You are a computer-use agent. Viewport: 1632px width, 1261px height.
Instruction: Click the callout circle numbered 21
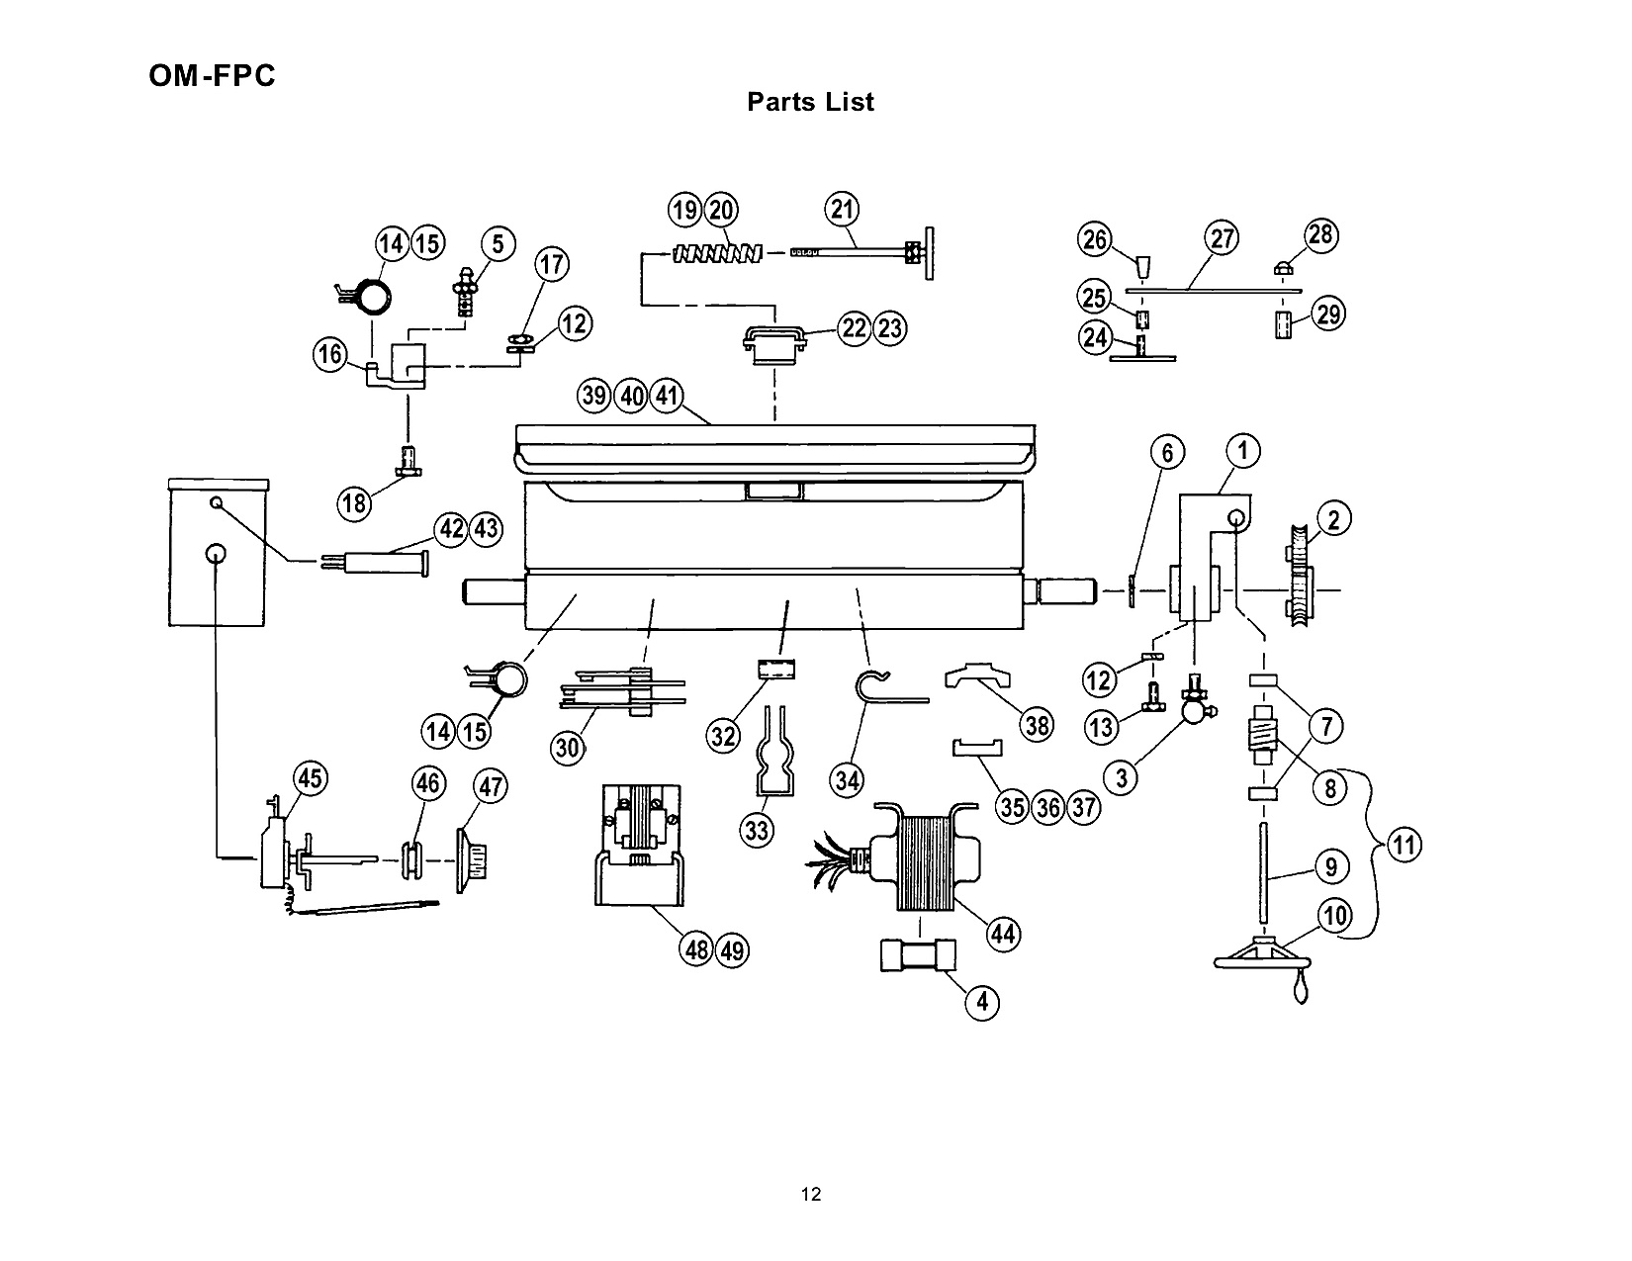pos(842,209)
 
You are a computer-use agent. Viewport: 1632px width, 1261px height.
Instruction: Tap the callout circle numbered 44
pos(1003,935)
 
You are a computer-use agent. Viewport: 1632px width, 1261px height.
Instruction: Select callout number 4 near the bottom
pos(981,1002)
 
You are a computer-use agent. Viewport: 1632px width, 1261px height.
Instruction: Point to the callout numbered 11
pos(1404,845)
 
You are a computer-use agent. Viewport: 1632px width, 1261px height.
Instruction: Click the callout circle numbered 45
pos(311,778)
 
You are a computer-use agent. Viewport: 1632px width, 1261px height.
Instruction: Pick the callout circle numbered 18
pos(354,502)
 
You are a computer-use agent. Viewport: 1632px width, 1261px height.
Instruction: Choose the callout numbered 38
pos(1038,725)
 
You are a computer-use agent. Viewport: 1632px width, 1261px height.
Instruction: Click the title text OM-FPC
pos(212,76)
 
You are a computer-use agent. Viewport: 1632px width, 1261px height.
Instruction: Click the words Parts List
pos(810,102)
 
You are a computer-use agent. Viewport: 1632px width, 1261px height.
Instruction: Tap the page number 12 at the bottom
pos(811,1194)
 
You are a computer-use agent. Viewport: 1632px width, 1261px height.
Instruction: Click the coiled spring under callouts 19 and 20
pos(717,254)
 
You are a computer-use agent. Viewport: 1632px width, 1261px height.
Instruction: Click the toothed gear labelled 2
pos(1302,576)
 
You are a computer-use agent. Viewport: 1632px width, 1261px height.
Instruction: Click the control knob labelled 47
pos(472,859)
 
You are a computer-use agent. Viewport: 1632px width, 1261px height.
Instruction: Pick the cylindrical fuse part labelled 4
pos(918,955)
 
